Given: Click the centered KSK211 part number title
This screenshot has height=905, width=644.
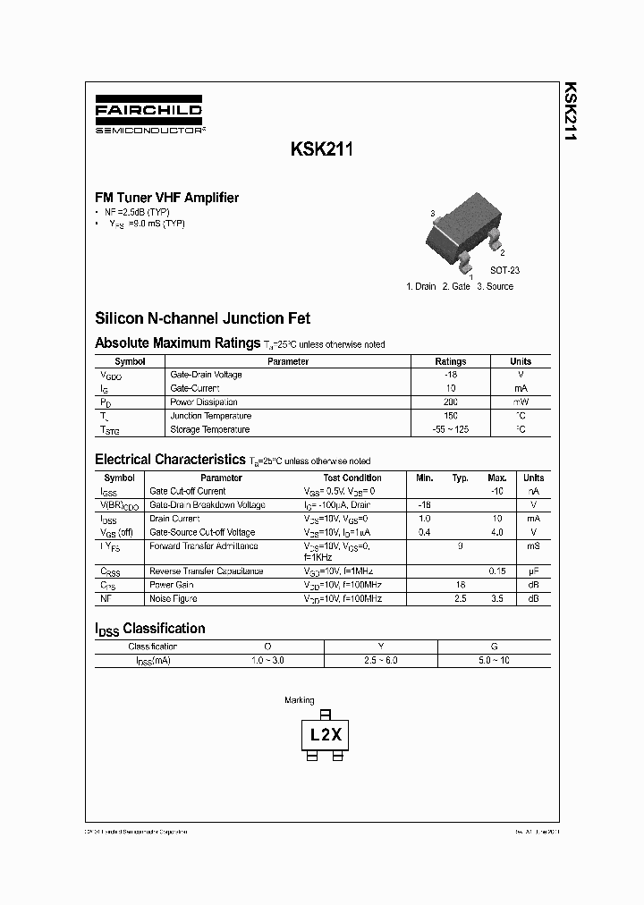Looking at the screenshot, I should point(322,150).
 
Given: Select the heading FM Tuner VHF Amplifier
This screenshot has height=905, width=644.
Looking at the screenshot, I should point(167,198).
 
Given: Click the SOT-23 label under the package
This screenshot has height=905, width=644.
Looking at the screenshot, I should point(504,269).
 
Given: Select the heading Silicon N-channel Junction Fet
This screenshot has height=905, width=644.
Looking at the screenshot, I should point(203,317).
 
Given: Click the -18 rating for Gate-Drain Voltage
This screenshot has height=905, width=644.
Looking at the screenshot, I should point(450,375).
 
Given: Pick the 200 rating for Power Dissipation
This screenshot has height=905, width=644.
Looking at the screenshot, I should point(450,402).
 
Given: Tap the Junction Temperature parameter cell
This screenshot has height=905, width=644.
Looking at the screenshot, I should point(210,416).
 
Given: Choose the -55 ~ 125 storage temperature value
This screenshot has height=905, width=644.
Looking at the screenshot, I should point(450,430).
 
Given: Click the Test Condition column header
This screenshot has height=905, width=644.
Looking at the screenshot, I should point(352,478).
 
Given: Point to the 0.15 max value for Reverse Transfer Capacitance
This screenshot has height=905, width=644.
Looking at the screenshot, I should point(497,571).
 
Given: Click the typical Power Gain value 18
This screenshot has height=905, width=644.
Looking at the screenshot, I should point(460,585).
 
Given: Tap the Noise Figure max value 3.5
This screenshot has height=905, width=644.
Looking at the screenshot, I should point(497,598).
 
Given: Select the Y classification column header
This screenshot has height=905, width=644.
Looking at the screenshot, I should point(381,646).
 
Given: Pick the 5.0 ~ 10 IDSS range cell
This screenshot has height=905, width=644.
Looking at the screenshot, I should point(494,660).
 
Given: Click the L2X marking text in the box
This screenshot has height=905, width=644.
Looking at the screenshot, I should point(326,735).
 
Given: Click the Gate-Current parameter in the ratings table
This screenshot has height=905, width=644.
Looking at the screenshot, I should point(195,388).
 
